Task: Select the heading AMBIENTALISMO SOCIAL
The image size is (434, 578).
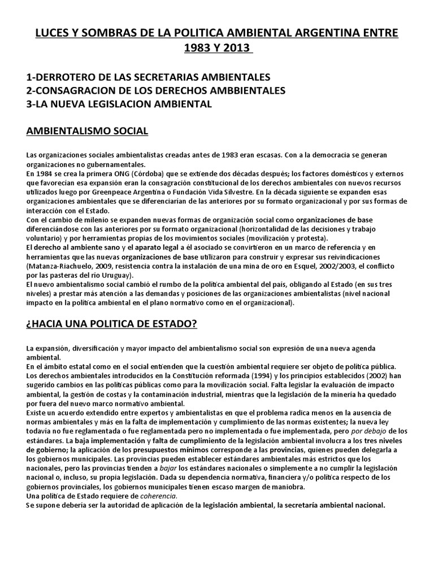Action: [x=88, y=131]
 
